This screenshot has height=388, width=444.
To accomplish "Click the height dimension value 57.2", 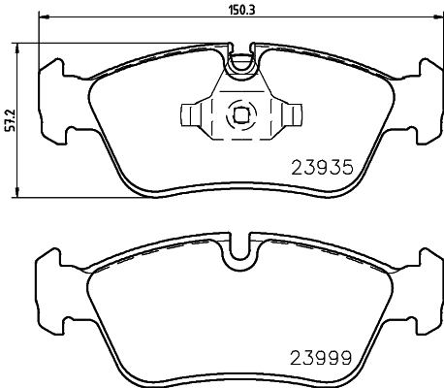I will click(x=10, y=121).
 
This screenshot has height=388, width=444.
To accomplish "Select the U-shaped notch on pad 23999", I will click(x=239, y=255).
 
